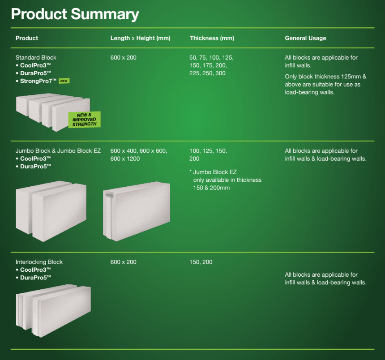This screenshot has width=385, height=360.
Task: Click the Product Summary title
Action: click(x=75, y=14)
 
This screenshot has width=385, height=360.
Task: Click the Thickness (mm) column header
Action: click(x=212, y=38)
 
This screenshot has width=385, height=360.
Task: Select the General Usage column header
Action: click(x=305, y=38)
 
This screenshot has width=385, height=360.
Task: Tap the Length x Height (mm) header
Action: click(x=140, y=38)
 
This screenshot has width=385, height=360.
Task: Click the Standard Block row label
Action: click(x=36, y=58)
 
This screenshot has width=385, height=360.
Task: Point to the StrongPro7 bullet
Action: click(x=38, y=81)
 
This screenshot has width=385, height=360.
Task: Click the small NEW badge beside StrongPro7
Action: click(x=64, y=81)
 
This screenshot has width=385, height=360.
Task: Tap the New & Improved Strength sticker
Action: click(x=84, y=120)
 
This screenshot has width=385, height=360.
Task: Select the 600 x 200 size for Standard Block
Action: click(x=123, y=58)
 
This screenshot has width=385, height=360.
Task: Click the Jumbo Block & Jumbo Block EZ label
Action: click(x=58, y=151)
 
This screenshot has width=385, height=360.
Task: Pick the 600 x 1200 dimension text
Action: click(x=125, y=159)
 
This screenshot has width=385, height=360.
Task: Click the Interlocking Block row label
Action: click(x=39, y=262)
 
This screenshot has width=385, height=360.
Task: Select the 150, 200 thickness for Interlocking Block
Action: click(x=201, y=262)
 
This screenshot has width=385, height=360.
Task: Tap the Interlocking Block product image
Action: click(x=53, y=309)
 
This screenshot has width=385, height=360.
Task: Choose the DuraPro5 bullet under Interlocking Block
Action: click(x=35, y=278)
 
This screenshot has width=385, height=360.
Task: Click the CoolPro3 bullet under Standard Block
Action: click(x=35, y=65)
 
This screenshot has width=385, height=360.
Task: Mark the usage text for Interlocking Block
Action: click(x=325, y=279)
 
